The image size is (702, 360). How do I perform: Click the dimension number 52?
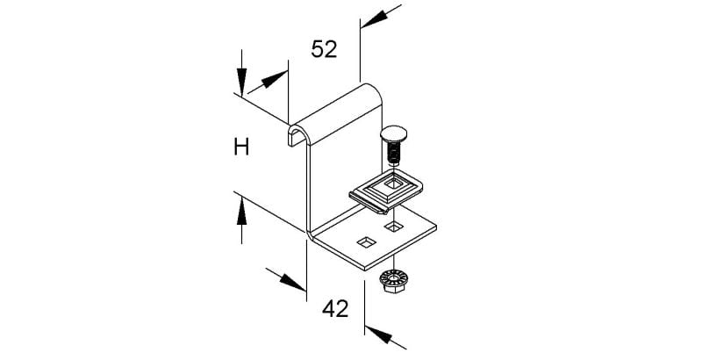pyautogui.click(x=324, y=49)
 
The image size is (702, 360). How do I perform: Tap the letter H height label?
pyautogui.click(x=241, y=147)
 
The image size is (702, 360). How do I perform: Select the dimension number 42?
pyautogui.click(x=335, y=308)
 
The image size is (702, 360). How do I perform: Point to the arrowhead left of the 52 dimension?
pyautogui.click(x=274, y=79)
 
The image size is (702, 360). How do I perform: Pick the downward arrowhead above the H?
pyautogui.click(x=242, y=82)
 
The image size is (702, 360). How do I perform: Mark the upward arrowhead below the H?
pyautogui.click(x=242, y=212)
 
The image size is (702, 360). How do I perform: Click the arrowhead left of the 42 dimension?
pyautogui.click(x=293, y=282)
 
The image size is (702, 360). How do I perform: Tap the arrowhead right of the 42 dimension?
pyautogui.click(x=379, y=335)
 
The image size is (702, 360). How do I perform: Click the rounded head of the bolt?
pyautogui.click(x=391, y=134)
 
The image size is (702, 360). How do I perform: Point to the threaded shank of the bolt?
pyautogui.click(x=392, y=153)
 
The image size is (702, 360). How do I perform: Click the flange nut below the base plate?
pyautogui.click(x=392, y=281)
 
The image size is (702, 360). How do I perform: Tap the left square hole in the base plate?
pyautogui.click(x=366, y=242)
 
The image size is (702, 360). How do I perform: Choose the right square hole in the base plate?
pyautogui.click(x=393, y=227)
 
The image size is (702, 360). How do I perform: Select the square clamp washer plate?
pyautogui.click(x=386, y=191)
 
